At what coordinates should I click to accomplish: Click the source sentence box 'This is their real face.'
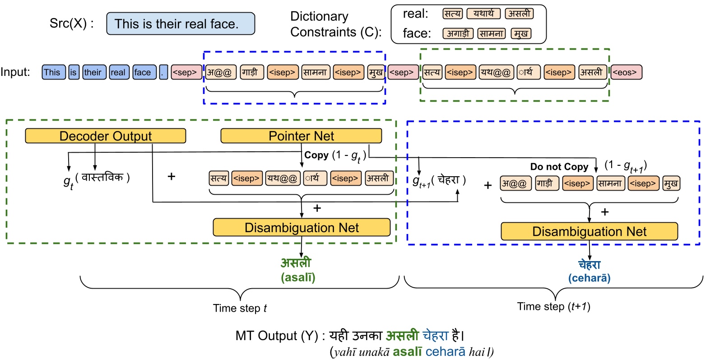tap(181, 23)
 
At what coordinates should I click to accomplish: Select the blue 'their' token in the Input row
tap(94, 72)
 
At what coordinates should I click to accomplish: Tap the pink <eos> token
tap(626, 72)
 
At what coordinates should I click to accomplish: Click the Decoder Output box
tap(106, 136)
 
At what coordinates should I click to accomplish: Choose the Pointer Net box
tap(301, 136)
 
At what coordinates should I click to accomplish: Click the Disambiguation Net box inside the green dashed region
tap(302, 228)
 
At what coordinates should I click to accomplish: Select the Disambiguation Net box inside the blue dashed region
tap(590, 231)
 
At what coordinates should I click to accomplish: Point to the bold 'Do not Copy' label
tap(559, 167)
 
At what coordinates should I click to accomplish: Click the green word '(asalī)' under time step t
tap(298, 277)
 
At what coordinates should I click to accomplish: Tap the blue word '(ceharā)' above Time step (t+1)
tap(590, 278)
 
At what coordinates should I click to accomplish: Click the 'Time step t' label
tap(240, 308)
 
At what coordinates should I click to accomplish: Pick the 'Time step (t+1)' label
tap(554, 306)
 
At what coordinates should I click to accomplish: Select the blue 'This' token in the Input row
tap(54, 72)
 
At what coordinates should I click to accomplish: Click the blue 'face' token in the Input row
tap(144, 72)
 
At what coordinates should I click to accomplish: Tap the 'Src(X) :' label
tap(71, 23)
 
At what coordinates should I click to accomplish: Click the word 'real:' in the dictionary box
tap(415, 14)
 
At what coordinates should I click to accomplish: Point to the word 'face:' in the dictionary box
tap(417, 33)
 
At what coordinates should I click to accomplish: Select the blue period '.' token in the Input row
tap(163, 72)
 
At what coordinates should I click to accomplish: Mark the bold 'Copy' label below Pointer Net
tap(316, 155)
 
